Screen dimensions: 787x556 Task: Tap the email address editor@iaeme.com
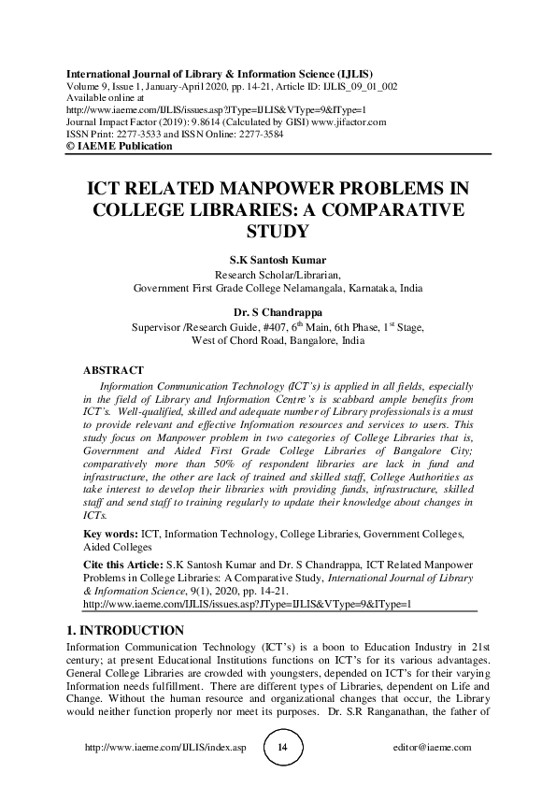(x=434, y=749)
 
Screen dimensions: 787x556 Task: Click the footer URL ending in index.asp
(x=165, y=749)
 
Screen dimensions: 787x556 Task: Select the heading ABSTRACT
(x=113, y=371)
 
